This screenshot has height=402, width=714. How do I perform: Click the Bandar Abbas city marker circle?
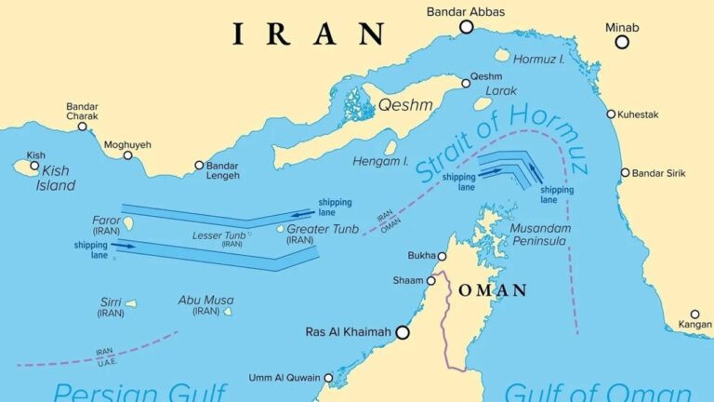click(467, 28)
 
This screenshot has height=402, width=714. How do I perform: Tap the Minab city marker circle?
click(622, 42)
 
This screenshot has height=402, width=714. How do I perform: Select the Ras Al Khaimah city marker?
click(403, 331)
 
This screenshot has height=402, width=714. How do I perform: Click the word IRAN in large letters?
click(308, 35)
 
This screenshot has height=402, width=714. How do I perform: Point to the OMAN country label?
click(493, 290)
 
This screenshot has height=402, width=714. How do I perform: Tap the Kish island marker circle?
click(34, 167)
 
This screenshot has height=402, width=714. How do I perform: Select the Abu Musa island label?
click(206, 301)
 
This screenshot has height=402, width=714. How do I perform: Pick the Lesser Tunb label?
click(219, 235)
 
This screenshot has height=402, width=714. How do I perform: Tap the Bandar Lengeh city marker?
click(199, 166)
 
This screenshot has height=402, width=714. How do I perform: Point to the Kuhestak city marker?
click(611, 114)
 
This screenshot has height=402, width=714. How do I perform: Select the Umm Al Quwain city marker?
click(328, 378)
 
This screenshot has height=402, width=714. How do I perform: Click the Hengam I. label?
click(380, 161)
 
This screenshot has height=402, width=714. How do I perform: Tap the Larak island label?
click(501, 91)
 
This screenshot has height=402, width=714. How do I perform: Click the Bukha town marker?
click(442, 257)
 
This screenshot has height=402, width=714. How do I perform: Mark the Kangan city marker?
click(694, 315)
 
